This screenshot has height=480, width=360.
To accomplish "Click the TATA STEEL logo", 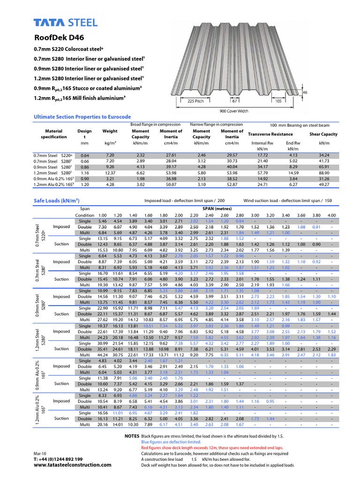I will pyautogui.click(x=66, y=22).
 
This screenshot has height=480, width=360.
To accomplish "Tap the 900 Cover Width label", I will pyautogui.click(x=234, y=111).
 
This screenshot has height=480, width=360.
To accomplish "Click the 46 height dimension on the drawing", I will pyautogui.click(x=305, y=93).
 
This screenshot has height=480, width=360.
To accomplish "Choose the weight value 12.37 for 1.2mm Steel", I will pyautogui.click(x=110, y=173).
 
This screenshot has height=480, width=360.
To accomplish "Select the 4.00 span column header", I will pyautogui.click(x=332, y=215).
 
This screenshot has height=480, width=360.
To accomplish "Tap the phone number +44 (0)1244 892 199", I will pyautogui.click(x=58, y=459).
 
